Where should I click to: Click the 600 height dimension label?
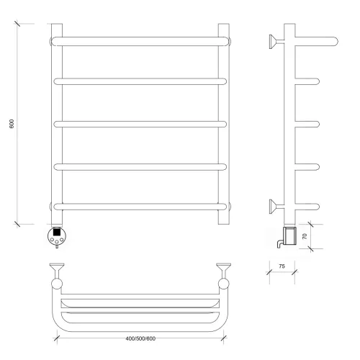pyautogui.click(x=12, y=124)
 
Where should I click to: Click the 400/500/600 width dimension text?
pyautogui.click(x=140, y=338)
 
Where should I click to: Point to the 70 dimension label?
pyautogui.click(x=305, y=236)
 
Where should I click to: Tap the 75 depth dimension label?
pyautogui.click(x=282, y=266)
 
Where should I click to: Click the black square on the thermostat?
pyautogui.click(x=57, y=232)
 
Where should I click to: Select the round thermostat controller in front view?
pyautogui.click(x=57, y=235)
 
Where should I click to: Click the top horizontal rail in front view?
pyautogui.click(x=140, y=41)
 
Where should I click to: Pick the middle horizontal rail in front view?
pyautogui.click(x=140, y=124)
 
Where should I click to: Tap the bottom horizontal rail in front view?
pyautogui.click(x=140, y=207)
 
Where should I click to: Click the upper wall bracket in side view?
pyautogui.click(x=276, y=42)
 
